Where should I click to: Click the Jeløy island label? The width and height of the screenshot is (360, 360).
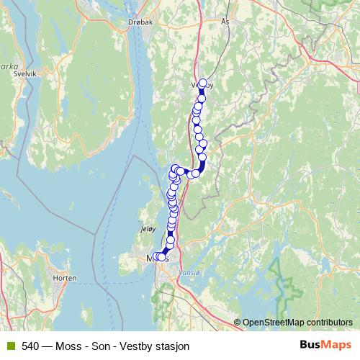point(146,230)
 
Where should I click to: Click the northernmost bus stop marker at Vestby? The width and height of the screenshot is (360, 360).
point(203,83)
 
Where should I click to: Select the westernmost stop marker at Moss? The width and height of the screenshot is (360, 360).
point(156,257)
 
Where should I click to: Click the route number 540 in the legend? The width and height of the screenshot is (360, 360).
point(30,346)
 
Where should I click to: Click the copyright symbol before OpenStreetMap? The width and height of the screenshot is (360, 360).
point(238,322)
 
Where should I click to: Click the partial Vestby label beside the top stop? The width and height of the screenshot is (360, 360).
point(196,84)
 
